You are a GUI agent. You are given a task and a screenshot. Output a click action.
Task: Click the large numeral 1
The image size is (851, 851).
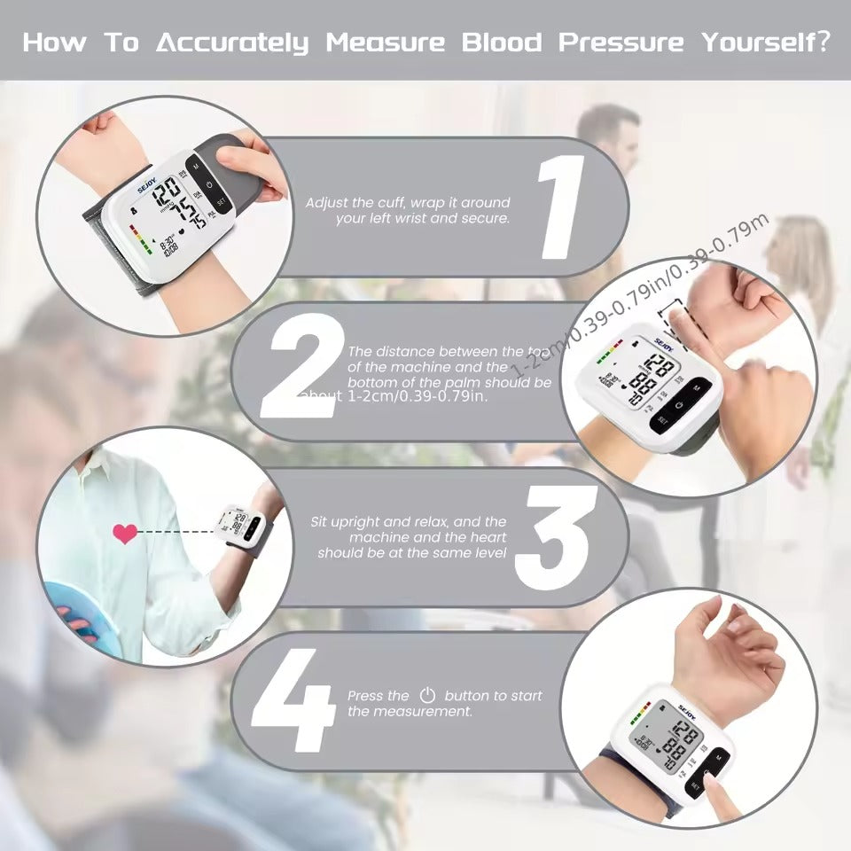pyautogui.click(x=561, y=207)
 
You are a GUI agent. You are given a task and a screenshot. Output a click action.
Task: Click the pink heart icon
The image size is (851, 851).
pyautogui.click(x=125, y=533)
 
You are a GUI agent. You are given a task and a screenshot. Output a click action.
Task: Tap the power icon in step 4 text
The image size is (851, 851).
pyautogui.click(x=427, y=696)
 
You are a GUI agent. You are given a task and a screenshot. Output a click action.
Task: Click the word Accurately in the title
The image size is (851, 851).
pyautogui.click(x=232, y=42)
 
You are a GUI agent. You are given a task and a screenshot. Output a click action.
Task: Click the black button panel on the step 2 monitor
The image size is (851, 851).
pyautogui.click(x=679, y=404)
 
